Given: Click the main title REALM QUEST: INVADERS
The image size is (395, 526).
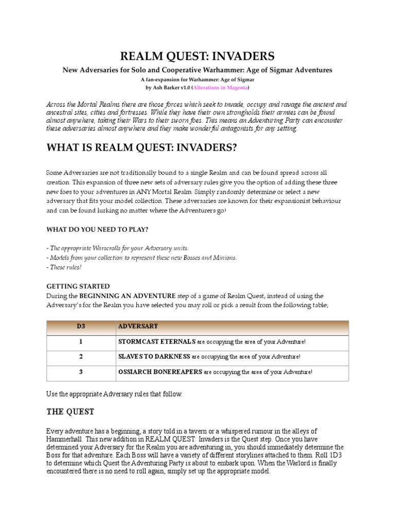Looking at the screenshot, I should click(197, 56).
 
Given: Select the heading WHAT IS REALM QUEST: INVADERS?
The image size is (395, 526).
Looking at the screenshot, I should click(142, 148).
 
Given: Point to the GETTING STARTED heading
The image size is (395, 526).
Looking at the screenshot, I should click(78, 286).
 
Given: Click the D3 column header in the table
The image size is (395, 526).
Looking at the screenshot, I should click(80, 326).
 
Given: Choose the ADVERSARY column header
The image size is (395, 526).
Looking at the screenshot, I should click(138, 326).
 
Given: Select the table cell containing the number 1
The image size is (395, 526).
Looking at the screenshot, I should click(80, 342).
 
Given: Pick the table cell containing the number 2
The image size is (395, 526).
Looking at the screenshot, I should click(80, 356).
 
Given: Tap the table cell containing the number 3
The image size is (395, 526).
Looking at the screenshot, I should click(80, 372).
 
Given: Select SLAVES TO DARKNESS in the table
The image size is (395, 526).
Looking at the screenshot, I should click(154, 356).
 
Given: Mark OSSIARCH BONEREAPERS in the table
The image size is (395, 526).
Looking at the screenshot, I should click(160, 372).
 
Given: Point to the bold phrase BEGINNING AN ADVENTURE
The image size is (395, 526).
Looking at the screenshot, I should click(118, 296).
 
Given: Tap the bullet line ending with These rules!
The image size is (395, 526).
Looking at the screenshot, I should click(64, 268).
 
